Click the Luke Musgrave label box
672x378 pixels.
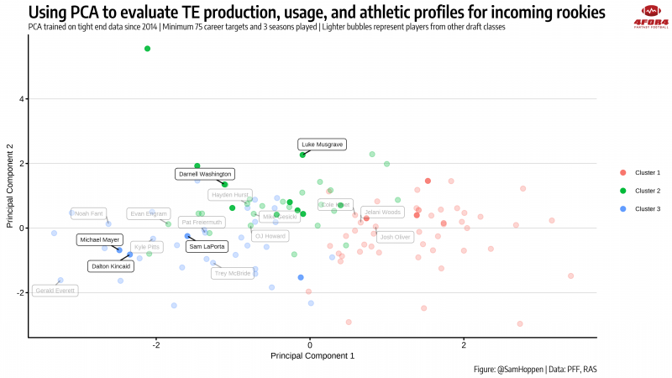point(322,144)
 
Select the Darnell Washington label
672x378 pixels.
point(204,174)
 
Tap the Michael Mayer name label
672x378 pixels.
point(100,239)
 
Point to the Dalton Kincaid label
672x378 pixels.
point(111,265)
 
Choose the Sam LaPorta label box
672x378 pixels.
point(207,247)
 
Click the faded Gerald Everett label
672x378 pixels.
point(55,291)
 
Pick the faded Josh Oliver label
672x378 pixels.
point(395,237)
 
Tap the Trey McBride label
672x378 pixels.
point(232,273)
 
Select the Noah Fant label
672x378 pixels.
point(88,213)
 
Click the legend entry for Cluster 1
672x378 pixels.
point(647,173)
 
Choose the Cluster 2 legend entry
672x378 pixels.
point(647,191)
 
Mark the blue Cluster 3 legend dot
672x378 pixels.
point(622,208)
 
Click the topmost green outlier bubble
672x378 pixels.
point(148,49)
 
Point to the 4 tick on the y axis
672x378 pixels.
point(22,99)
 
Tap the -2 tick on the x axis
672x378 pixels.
point(156,344)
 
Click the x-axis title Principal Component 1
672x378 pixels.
point(312,356)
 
